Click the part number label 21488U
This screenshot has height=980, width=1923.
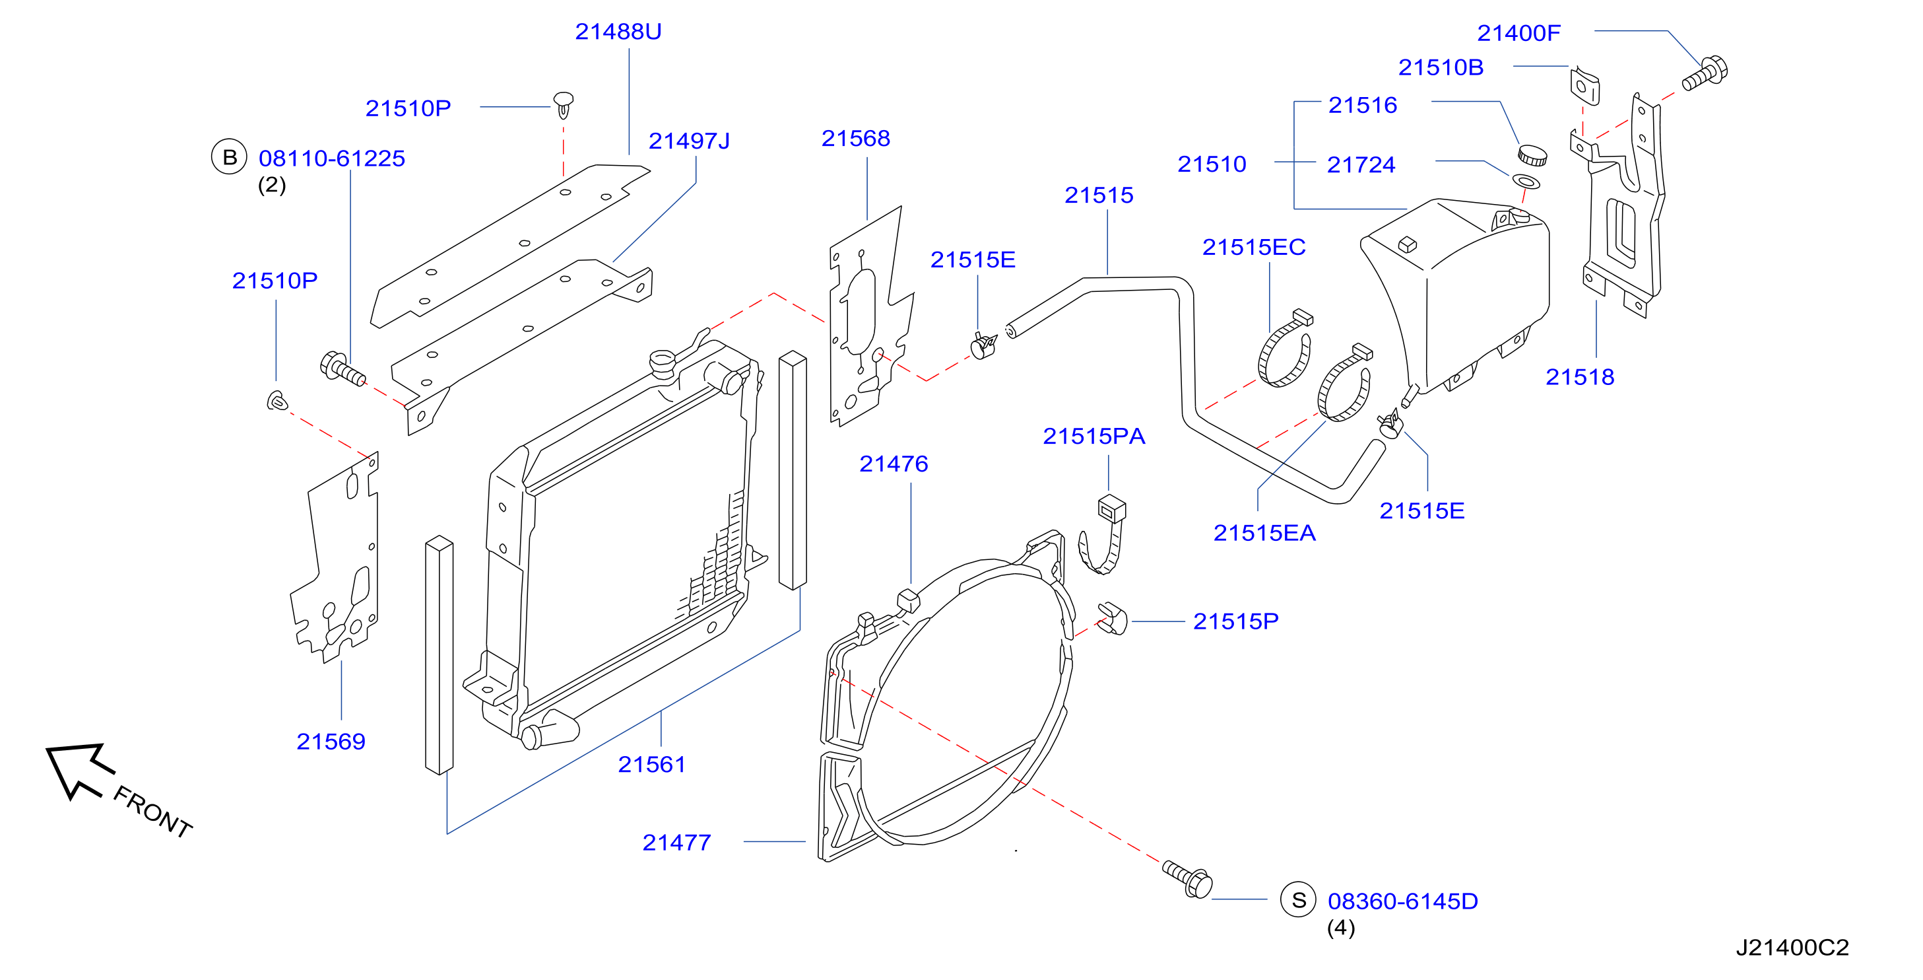coord(618,32)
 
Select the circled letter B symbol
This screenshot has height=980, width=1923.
coord(229,157)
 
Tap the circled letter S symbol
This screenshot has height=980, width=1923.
coord(1299,900)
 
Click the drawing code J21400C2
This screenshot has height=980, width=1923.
coord(1792,948)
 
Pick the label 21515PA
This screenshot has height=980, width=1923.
coord(1093,437)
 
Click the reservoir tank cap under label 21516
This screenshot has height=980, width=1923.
coord(1532,155)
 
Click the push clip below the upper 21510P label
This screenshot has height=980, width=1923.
coord(564,104)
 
